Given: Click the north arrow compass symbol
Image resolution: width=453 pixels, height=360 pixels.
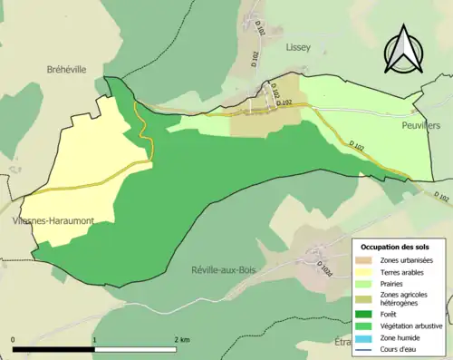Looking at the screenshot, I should (x=404, y=52).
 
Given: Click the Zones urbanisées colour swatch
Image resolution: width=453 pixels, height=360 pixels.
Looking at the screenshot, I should (x=370, y=261).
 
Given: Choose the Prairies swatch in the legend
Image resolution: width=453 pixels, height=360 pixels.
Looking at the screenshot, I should (x=370, y=284).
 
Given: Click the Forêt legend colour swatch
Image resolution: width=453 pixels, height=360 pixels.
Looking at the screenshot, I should (x=370, y=316).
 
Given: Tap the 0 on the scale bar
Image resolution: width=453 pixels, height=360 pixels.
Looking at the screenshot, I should (x=14, y=339).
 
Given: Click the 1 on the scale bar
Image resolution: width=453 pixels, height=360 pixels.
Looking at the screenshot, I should (x=95, y=339).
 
